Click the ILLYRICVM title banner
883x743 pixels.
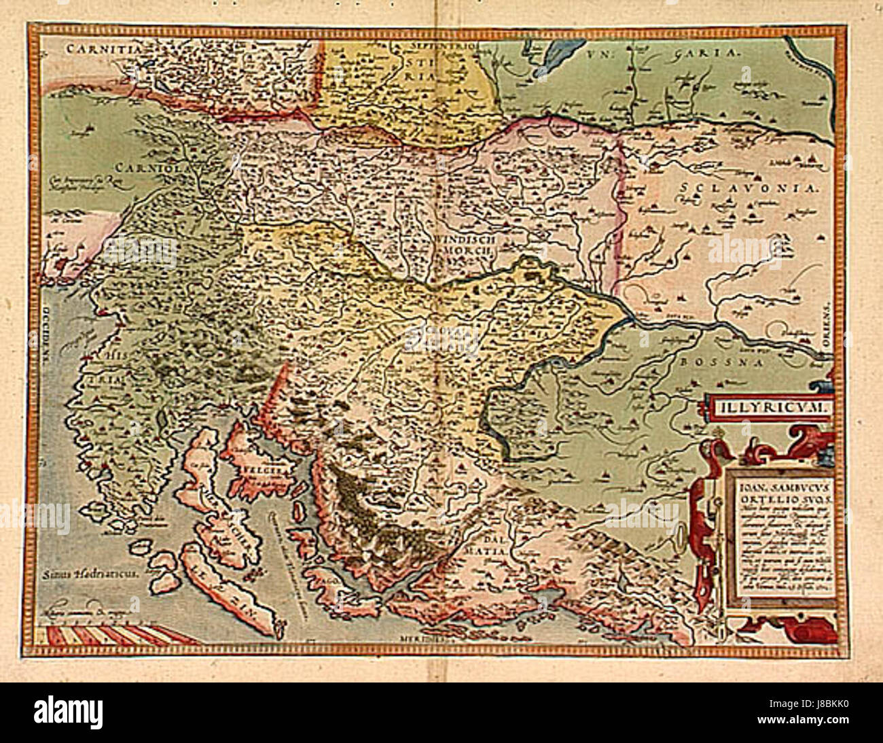pyautogui.click(x=768, y=407)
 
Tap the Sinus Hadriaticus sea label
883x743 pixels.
pyautogui.click(x=90, y=573)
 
